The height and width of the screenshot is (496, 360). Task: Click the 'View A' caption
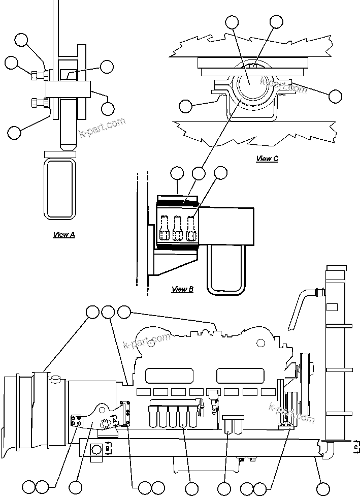point(64,235)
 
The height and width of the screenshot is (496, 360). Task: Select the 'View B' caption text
point(182,289)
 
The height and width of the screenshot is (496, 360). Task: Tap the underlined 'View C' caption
point(267,159)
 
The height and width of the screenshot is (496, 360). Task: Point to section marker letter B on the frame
point(108,449)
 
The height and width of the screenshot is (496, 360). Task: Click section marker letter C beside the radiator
point(355,446)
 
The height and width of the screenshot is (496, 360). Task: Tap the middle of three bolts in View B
point(178,228)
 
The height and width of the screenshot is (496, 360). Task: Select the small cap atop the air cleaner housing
point(55,377)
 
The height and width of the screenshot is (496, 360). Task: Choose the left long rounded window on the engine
point(161,376)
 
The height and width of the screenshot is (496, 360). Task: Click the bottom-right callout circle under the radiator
point(322,488)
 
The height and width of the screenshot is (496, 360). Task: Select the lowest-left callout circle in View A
point(14,133)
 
